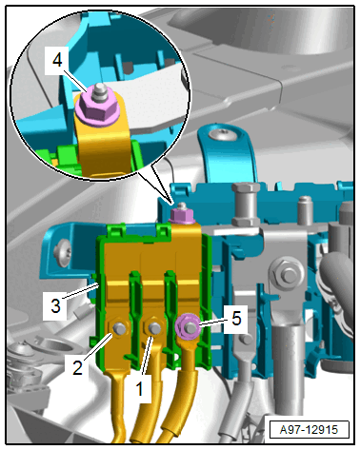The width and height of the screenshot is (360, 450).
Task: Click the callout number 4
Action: coord(57,60)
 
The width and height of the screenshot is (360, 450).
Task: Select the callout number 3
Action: coord(55,306)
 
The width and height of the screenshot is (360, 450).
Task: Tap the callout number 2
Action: coord(77,367)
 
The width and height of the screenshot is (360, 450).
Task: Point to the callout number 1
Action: coord(139,389)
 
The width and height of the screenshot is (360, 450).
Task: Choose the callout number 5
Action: coord(236,318)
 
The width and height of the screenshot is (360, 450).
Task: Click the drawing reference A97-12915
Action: coord(309,430)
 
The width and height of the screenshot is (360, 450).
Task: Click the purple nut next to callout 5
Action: coord(188,326)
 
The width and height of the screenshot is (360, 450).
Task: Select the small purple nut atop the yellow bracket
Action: coord(182,215)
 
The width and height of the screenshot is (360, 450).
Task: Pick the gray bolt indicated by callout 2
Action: coord(119,328)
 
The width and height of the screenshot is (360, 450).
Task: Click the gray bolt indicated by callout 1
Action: coord(154,328)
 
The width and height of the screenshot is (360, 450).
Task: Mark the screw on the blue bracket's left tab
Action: coord(62,253)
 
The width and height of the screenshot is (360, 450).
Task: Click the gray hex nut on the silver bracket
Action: coord(286,274)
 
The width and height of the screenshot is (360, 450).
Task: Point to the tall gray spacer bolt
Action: coord(246,203)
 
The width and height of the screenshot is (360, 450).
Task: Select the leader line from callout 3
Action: coord(82,291)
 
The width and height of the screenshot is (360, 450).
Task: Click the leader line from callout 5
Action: coord(212,322)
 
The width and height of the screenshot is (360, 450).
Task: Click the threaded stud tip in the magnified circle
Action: coord(98,90)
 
